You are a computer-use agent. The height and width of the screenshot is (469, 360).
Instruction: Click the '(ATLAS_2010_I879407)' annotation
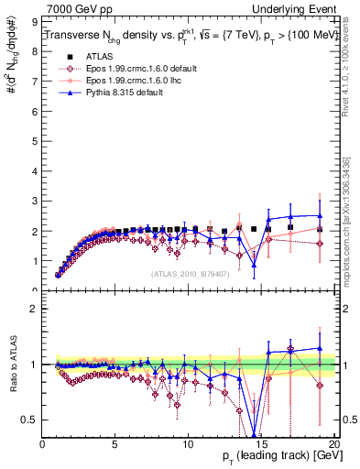pyautogui.click(x=190, y=273)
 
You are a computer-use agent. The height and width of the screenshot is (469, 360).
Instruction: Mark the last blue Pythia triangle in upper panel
pyautogui.click(x=320, y=215)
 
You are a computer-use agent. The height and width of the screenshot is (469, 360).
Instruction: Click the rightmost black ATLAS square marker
pyautogui.click(x=320, y=229)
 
